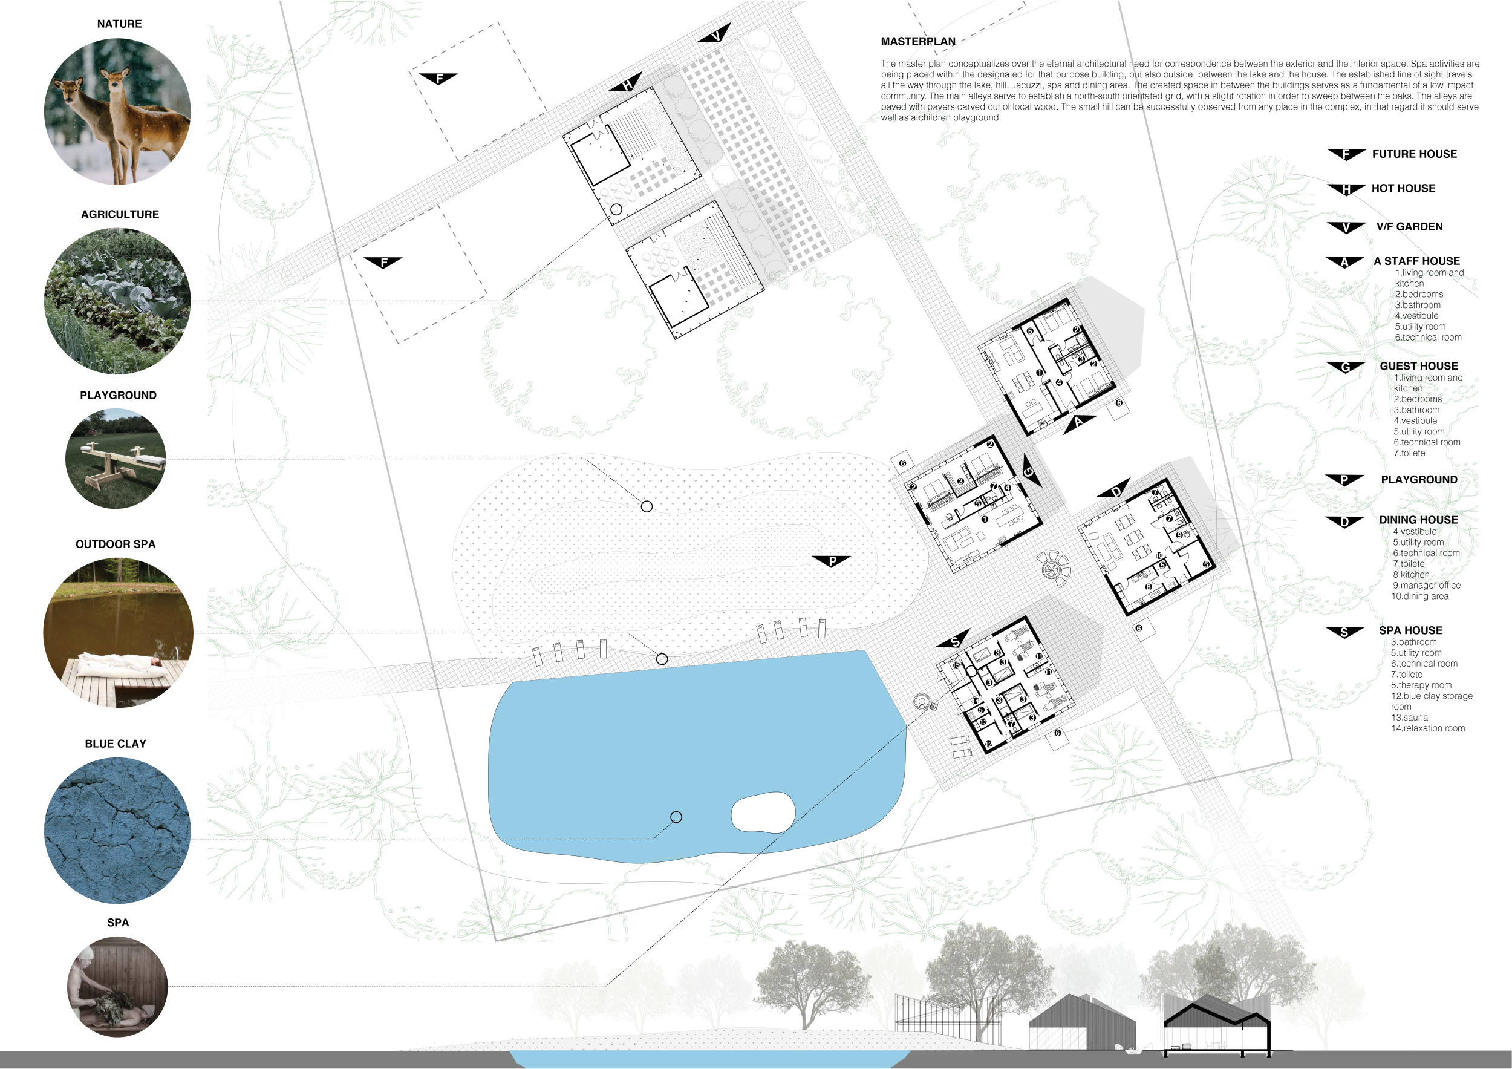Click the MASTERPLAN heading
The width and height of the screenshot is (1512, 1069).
pyautogui.click(x=918, y=42)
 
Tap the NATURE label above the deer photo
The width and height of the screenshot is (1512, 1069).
pyautogui.click(x=119, y=24)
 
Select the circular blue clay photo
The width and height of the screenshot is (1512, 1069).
pyautogui.click(x=117, y=830)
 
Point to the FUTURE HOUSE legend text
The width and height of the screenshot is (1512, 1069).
pyautogui.click(x=1415, y=154)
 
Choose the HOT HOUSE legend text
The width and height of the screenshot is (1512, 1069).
pyautogui.click(x=1403, y=188)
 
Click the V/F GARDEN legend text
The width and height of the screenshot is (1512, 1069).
pyautogui.click(x=1409, y=227)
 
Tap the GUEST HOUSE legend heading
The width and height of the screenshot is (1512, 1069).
pyautogui.click(x=1418, y=366)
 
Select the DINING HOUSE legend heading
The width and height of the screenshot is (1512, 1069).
pyautogui.click(x=1418, y=520)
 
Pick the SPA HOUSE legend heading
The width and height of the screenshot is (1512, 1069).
pyautogui.click(x=1410, y=630)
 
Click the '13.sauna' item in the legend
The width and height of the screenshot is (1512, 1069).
pyautogui.click(x=1409, y=718)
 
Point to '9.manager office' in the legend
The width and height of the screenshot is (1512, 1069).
pyautogui.click(x=1426, y=586)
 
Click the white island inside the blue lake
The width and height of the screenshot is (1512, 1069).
pyautogui.click(x=763, y=812)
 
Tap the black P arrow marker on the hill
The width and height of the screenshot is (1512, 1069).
pyautogui.click(x=831, y=561)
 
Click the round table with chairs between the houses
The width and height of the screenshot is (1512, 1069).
pyautogui.click(x=1052, y=567)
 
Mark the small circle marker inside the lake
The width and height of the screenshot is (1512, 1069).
pyautogui.click(x=676, y=817)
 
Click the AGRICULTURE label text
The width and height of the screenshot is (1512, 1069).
pyautogui.click(x=120, y=215)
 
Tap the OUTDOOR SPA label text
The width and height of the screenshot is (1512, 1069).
pyautogui.click(x=116, y=544)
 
